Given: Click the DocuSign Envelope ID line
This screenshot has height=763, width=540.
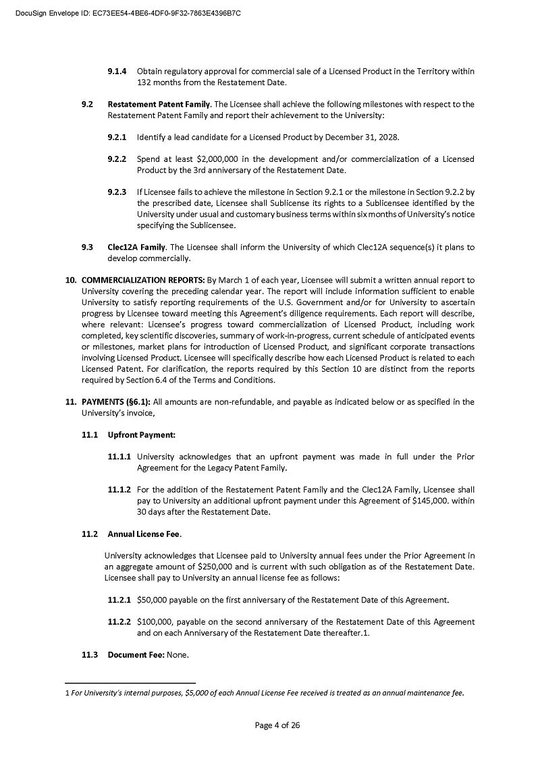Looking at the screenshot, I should pos(128,13).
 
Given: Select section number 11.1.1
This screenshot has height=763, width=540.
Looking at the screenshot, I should pos(119,457).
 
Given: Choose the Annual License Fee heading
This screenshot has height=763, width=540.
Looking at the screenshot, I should pos(144,534).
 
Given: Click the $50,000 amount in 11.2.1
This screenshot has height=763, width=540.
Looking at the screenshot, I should pos(153,600).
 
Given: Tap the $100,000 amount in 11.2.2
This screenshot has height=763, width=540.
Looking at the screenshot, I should pos(155,622).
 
